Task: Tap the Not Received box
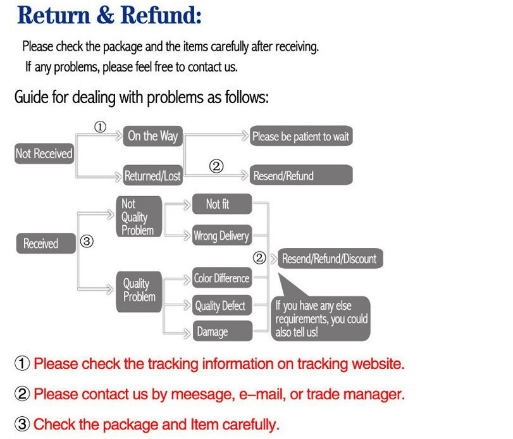point(44,154)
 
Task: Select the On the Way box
point(152,136)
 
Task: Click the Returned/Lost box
point(152,176)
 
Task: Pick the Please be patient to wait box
point(300,136)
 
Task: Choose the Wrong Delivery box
point(221,236)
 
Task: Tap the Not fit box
point(221,204)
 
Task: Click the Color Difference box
point(221,278)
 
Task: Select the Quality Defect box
point(221,306)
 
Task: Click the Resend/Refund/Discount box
point(329,259)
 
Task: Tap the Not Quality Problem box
point(138,217)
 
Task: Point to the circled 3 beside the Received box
point(87,241)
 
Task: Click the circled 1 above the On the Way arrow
point(100,127)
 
